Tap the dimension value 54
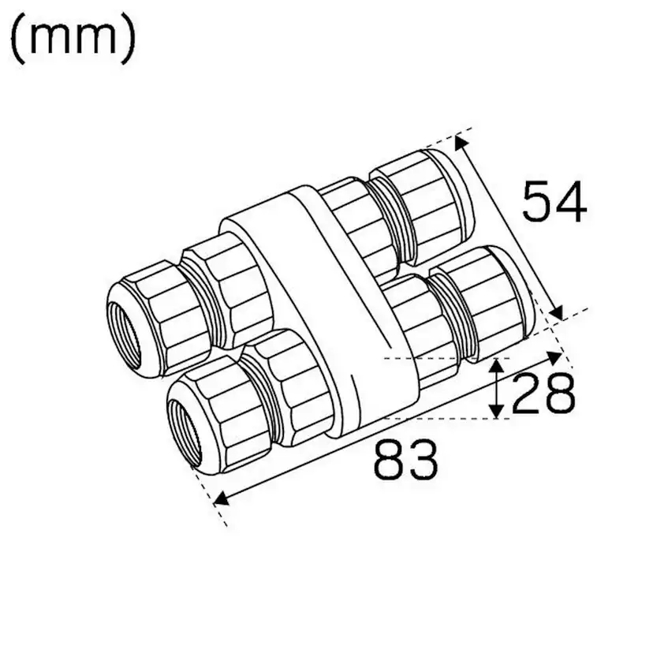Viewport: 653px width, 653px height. pos(554,202)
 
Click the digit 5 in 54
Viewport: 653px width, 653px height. pos(538,202)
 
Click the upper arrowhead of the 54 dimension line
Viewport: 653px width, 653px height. pos(461,142)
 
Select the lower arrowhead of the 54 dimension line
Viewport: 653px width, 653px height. pos(557,313)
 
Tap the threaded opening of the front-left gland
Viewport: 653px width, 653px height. pos(187,418)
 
